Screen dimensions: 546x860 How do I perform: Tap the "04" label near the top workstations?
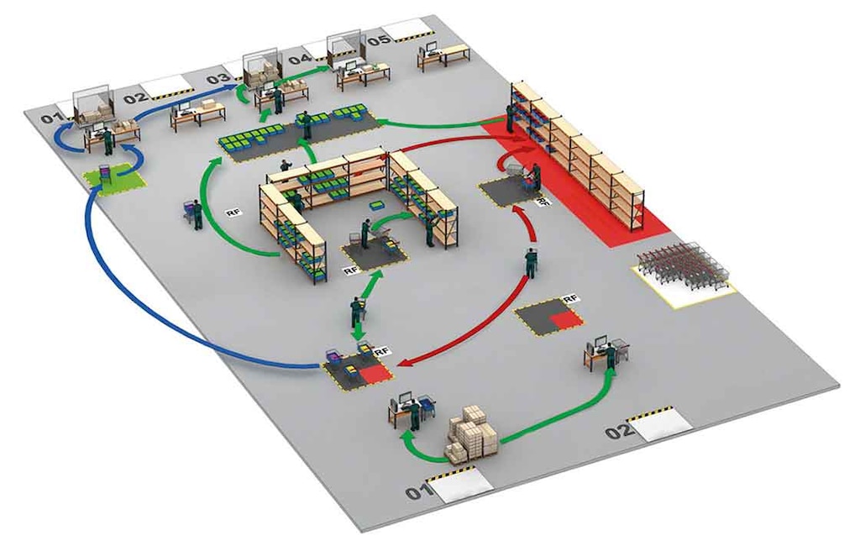[x=300, y=60]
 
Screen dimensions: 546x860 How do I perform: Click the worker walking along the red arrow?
[x=531, y=264]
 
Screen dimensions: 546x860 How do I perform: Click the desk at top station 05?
[x=443, y=55]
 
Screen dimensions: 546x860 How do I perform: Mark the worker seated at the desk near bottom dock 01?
[x=415, y=414]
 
